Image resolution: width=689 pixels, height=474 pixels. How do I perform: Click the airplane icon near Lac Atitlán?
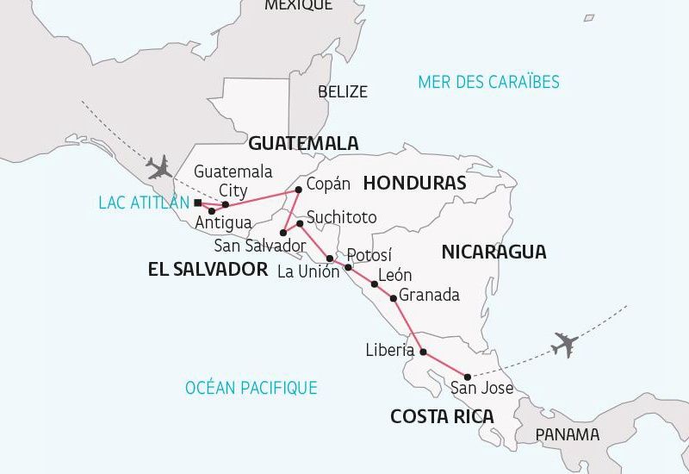point(159,166)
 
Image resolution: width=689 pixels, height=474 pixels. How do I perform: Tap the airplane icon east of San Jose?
point(565,344)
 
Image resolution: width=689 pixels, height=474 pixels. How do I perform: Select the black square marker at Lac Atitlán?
point(197,203)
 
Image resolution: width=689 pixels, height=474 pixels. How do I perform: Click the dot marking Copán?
point(299,190)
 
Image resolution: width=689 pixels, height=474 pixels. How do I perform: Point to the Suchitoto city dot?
point(300,224)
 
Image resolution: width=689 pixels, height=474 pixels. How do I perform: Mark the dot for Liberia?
point(423,352)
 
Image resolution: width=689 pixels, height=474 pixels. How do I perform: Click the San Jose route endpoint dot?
point(468,377)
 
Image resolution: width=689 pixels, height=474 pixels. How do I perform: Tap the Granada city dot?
point(394,298)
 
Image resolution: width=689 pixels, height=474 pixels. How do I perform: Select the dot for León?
point(375,284)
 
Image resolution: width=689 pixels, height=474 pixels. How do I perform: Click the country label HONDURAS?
point(414,183)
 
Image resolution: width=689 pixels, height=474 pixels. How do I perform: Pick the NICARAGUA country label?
point(493,252)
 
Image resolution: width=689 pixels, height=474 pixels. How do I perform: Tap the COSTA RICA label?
point(442,417)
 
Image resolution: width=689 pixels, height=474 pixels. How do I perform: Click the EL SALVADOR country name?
point(208,270)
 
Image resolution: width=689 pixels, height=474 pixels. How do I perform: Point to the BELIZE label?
point(342,91)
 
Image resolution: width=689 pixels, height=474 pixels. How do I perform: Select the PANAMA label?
point(567,434)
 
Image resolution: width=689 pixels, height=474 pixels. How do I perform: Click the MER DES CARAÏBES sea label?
point(488,82)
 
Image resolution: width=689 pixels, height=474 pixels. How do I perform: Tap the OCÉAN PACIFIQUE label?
point(251,388)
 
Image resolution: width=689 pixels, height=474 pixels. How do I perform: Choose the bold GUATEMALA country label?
point(304,143)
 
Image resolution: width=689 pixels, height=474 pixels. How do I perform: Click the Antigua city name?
point(223,223)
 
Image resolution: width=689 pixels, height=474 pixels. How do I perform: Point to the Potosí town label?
point(369,254)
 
